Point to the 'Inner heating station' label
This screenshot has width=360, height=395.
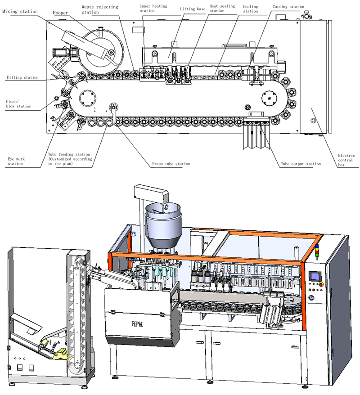[153, 9]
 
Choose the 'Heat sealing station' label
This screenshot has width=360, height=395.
[222, 9]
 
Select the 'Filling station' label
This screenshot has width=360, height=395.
[22, 77]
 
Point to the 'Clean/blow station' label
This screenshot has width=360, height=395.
[18, 103]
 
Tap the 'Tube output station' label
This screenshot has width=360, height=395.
[301, 164]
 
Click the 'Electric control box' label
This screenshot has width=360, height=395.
[346, 160]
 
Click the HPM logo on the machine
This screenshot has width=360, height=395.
[136, 323]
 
